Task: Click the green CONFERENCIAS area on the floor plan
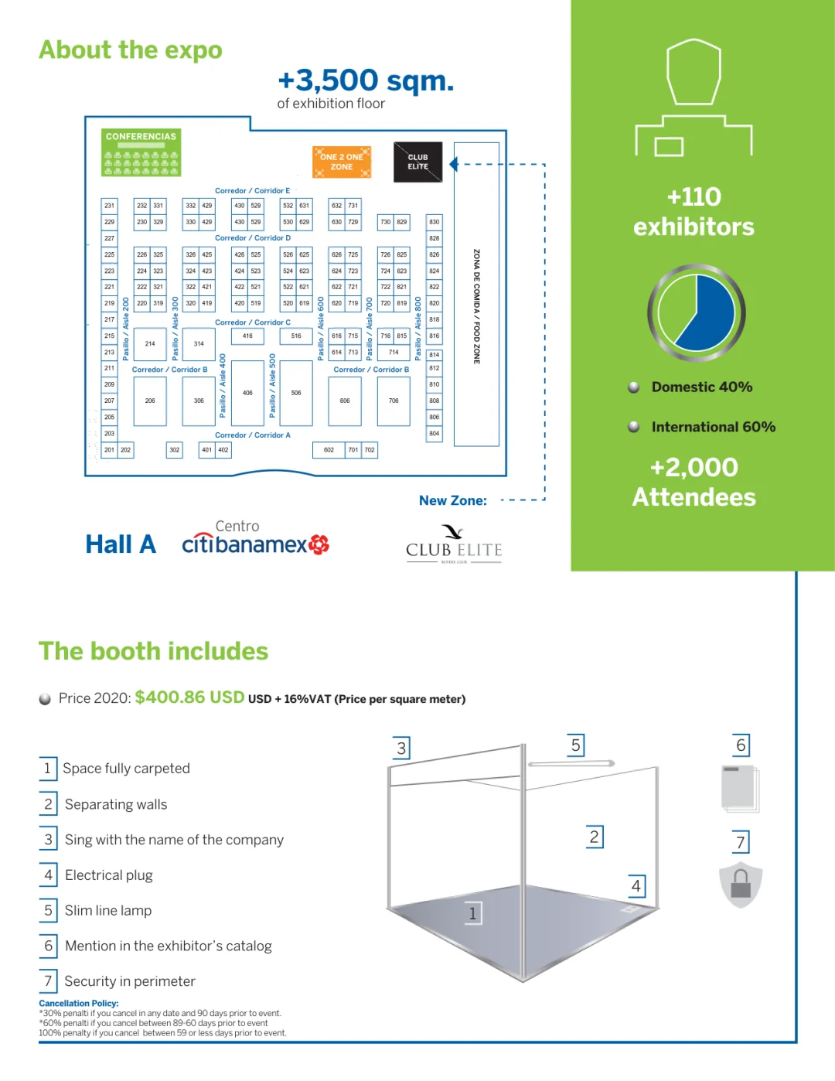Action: [141, 152]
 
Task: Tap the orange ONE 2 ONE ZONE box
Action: [342, 162]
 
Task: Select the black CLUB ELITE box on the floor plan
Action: [417, 162]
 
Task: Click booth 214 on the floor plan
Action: [150, 344]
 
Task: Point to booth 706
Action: [394, 401]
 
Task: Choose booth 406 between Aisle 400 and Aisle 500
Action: [247, 393]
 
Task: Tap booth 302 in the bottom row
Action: [175, 450]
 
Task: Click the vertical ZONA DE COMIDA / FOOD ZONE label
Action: [476, 306]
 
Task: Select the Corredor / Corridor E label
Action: [252, 191]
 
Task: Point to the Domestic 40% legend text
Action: [701, 387]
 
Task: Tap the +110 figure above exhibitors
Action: [694, 197]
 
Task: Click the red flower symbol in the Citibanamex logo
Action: [319, 544]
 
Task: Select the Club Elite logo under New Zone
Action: [454, 544]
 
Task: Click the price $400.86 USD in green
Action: [189, 697]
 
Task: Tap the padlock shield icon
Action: [741, 884]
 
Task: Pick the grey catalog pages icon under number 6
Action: [740, 788]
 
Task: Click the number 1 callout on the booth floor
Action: [472, 913]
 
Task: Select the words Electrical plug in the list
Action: [109, 875]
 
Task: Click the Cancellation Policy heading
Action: [79, 1004]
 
